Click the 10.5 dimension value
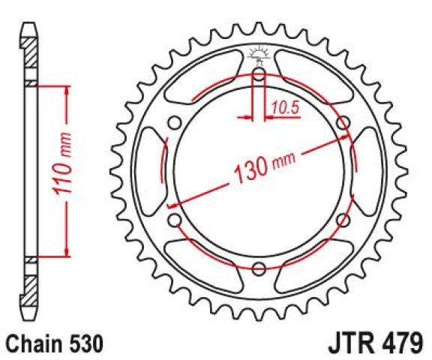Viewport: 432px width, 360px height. pyautogui.click(x=285, y=107)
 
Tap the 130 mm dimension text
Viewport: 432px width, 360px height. pyautogui.click(x=265, y=167)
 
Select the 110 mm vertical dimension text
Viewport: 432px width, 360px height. pyautogui.click(x=62, y=164)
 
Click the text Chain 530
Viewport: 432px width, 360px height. pyautogui.click(x=55, y=343)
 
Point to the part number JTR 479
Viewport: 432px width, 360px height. pyautogui.click(x=375, y=343)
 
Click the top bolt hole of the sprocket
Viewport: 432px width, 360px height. pyautogui.click(x=259, y=73)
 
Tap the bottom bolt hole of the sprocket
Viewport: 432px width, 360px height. pyautogui.click(x=259, y=268)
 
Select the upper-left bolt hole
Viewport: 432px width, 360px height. pyautogui.click(x=175, y=122)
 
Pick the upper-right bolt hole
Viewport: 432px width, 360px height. pyautogui.click(x=343, y=122)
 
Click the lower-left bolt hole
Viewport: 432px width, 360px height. pyautogui.click(x=175, y=220)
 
